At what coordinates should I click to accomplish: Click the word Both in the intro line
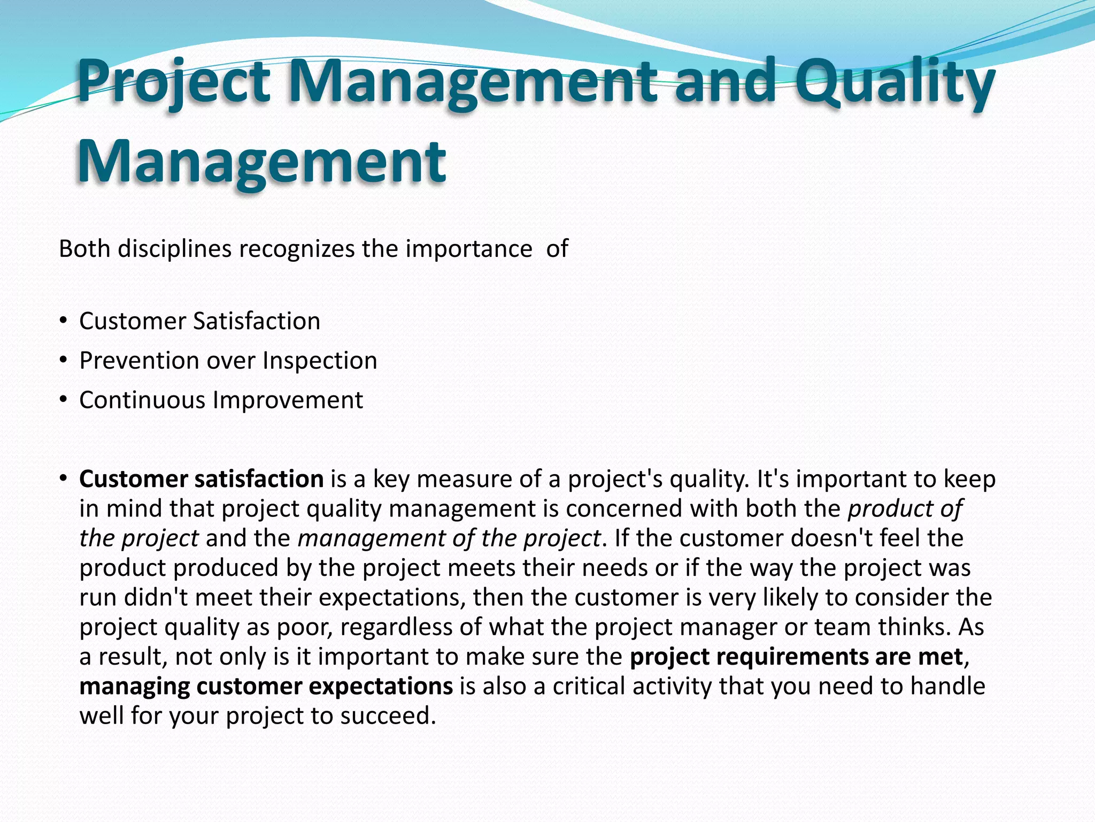click(85, 249)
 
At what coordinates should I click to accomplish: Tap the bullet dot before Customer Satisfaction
click(64, 321)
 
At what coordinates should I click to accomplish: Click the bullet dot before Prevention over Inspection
click(64, 361)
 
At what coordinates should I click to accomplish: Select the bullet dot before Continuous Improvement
click(64, 400)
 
